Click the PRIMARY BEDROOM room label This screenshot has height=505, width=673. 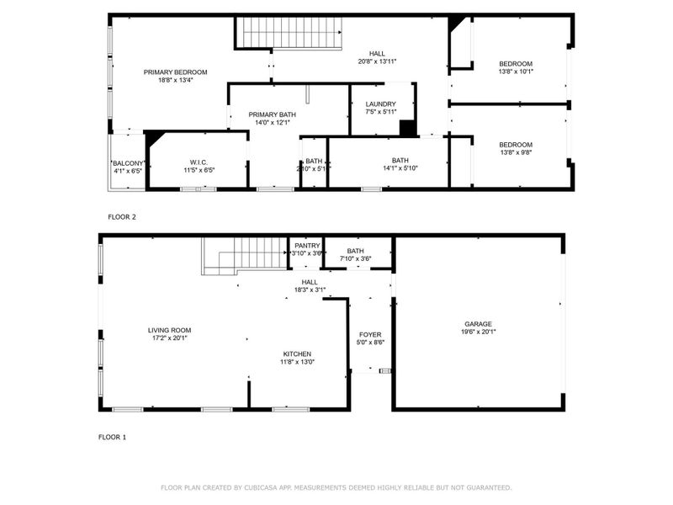click(x=175, y=72)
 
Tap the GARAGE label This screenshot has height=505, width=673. click(x=478, y=324)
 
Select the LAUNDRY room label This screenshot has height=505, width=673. click(x=380, y=104)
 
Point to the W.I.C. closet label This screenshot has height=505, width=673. click(x=199, y=162)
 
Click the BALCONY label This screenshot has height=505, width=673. click(x=129, y=163)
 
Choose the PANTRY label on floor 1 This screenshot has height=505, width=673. click(x=307, y=246)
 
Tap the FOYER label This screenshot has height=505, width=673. click(x=370, y=335)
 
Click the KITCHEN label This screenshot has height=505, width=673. click(x=297, y=354)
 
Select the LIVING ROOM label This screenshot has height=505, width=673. click(x=170, y=331)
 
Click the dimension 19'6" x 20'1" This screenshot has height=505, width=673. click(x=478, y=332)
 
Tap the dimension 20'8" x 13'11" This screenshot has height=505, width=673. click(x=377, y=61)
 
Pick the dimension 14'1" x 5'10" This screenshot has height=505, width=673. click(x=400, y=168)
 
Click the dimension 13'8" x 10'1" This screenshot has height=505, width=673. click(x=516, y=72)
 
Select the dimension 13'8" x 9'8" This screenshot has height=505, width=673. click(x=516, y=152)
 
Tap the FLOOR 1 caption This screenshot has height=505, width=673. click(x=112, y=438)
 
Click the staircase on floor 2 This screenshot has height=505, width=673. click(x=290, y=34)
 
